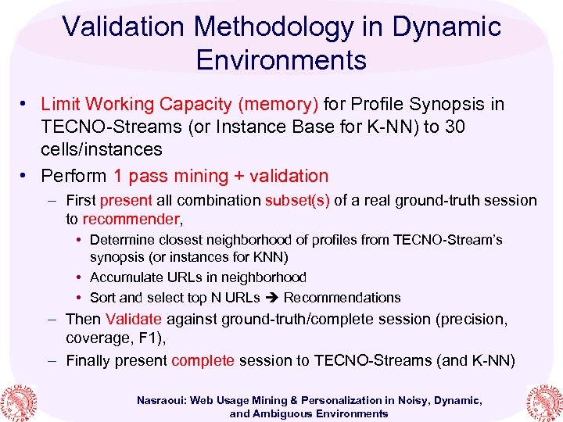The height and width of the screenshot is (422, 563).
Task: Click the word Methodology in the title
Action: [264, 26]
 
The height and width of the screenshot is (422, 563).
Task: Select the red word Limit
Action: [61, 104]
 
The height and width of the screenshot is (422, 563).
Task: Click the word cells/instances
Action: [102, 149]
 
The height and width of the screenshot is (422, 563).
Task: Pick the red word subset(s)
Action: [298, 201]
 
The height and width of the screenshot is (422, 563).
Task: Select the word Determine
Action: [124, 240]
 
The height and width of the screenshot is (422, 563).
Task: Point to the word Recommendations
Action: [342, 298]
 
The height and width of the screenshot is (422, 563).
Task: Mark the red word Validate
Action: [133, 319]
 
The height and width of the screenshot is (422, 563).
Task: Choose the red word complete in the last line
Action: [203, 360]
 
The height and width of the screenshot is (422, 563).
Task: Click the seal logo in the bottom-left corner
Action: [18, 399]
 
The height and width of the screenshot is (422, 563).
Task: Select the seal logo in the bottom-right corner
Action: [544, 399]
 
